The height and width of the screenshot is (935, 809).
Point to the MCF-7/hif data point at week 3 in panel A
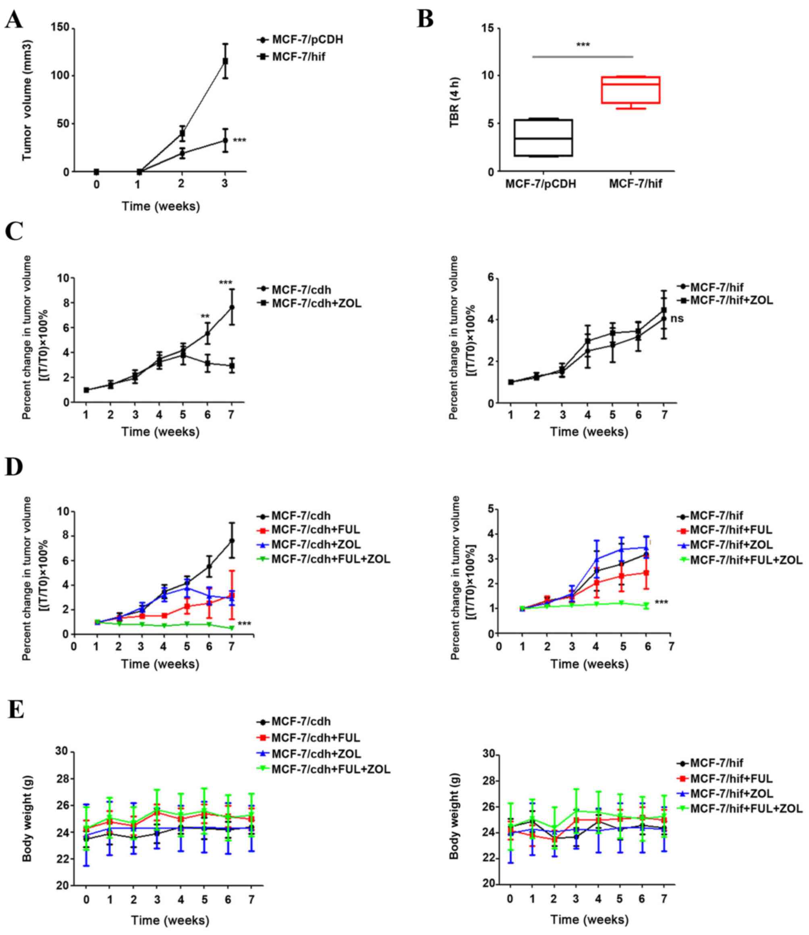225,61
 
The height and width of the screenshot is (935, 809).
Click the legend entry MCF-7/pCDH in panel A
307,40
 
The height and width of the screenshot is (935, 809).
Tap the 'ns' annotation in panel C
677,319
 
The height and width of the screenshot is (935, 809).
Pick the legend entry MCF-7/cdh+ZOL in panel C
316,303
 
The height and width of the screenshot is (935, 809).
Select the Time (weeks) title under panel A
160,206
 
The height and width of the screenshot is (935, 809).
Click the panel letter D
15,468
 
